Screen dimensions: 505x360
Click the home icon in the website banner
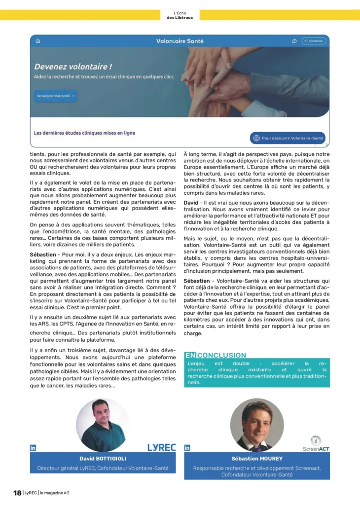click(x=38, y=41)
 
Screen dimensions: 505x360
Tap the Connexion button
click(x=314, y=41)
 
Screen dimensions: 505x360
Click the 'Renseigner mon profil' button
click(x=55, y=96)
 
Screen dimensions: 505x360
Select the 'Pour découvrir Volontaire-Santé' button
click(x=288, y=138)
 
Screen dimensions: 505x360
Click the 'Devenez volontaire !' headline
click(x=73, y=67)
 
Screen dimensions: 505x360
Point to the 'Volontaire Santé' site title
click(x=180, y=41)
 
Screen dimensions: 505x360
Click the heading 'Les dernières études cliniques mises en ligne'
click(x=84, y=133)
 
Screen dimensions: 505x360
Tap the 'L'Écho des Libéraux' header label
click(x=180, y=15)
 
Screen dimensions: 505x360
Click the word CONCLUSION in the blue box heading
click(x=221, y=355)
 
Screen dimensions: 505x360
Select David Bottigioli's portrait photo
click(x=103, y=425)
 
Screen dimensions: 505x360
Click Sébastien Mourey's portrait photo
click(x=257, y=425)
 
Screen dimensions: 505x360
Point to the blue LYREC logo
click(x=161, y=447)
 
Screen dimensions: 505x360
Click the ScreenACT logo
click(x=316, y=444)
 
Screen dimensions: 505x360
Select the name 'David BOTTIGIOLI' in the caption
click(x=103, y=458)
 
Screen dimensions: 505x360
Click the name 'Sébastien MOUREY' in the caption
click(x=257, y=459)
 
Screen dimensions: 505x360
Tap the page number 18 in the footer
click(x=17, y=493)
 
